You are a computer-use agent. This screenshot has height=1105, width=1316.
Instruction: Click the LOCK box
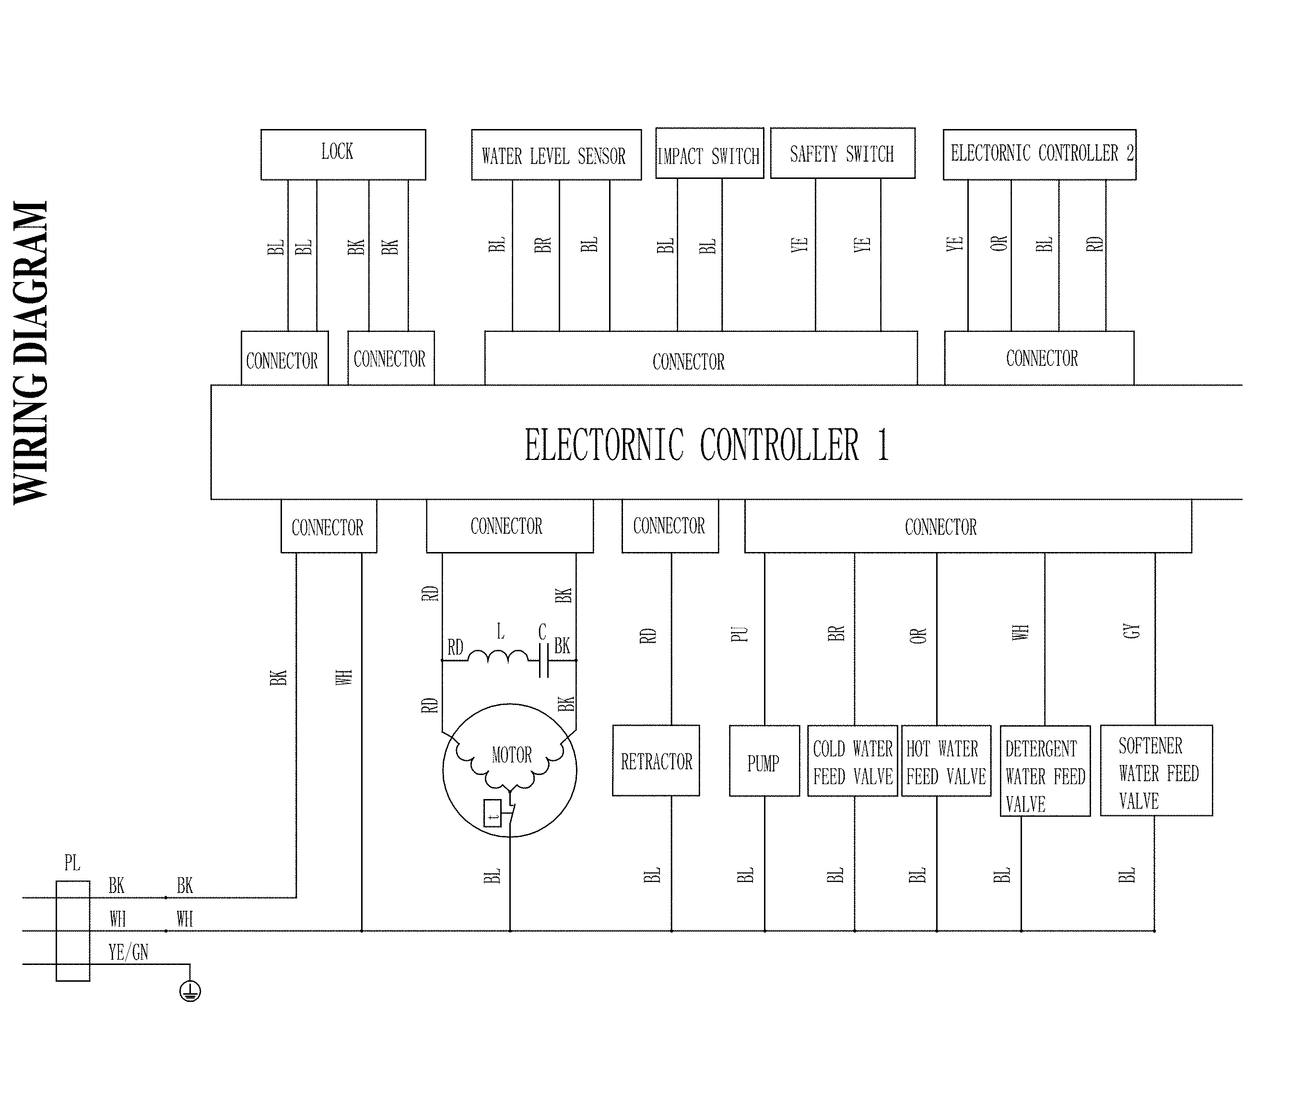click(x=343, y=154)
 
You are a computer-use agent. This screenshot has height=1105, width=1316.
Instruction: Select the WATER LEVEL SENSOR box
click(x=556, y=155)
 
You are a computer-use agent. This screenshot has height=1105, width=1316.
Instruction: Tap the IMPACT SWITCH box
click(x=709, y=153)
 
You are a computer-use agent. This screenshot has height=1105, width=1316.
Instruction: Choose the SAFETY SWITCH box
click(x=842, y=153)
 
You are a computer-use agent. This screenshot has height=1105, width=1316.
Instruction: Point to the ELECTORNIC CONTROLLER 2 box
click(x=1039, y=154)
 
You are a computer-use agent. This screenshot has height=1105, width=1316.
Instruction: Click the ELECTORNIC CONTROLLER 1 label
click(x=706, y=445)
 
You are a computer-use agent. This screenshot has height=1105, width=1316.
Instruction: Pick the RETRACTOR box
click(x=656, y=761)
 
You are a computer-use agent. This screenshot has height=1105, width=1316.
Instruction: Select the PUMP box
click(x=764, y=761)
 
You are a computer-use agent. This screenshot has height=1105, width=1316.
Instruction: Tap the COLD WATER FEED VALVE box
click(x=852, y=761)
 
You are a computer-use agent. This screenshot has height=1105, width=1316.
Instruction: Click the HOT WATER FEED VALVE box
click(x=946, y=761)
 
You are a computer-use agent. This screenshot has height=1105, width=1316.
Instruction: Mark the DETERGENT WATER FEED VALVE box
click(x=1045, y=771)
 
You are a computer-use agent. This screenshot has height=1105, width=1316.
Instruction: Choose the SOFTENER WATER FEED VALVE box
click(x=1156, y=770)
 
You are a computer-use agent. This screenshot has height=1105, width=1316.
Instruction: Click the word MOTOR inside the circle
click(x=511, y=754)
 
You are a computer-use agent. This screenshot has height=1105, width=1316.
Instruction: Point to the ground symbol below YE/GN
click(x=190, y=991)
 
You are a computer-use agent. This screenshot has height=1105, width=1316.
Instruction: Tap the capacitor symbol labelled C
click(x=543, y=660)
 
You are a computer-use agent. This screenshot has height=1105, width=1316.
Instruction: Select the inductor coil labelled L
click(x=498, y=656)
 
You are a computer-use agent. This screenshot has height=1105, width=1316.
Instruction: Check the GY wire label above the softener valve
click(x=1131, y=631)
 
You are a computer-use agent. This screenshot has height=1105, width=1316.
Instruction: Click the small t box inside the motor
click(x=493, y=813)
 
